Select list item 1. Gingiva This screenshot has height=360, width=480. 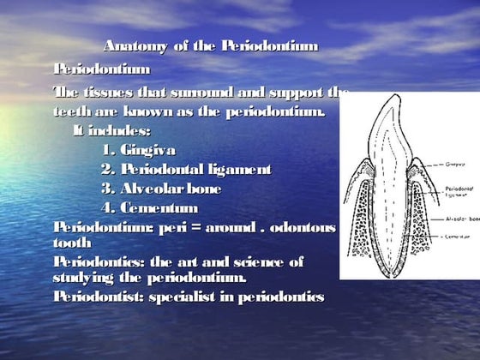[138, 150]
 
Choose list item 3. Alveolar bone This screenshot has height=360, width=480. [161, 188]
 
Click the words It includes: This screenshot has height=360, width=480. [111, 131]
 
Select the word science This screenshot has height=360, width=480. [257, 261]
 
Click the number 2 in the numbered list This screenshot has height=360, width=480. [106, 169]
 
